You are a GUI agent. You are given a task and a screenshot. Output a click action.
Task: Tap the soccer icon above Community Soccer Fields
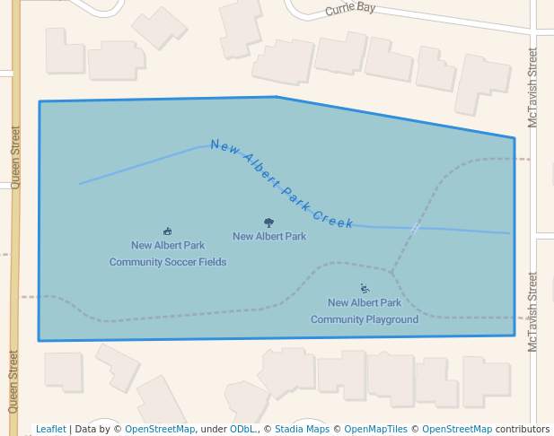[x=167, y=231]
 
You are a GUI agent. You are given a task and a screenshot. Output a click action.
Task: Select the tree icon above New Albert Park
[x=268, y=222]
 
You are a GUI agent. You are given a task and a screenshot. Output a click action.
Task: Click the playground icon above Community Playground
[x=365, y=289]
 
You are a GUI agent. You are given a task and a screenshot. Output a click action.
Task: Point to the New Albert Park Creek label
[x=282, y=184]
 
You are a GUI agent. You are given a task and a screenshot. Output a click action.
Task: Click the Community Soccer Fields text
[x=168, y=262]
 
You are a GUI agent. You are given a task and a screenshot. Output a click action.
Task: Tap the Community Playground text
[x=365, y=319]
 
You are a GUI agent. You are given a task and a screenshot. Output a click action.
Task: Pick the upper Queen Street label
[x=14, y=153]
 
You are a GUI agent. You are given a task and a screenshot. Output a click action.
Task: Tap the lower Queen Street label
[x=13, y=380]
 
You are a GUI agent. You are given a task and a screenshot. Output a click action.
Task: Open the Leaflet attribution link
[x=50, y=429]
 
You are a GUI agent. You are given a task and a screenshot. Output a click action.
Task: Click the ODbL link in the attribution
[x=242, y=429]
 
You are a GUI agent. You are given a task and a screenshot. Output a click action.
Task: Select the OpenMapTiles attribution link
[x=377, y=429]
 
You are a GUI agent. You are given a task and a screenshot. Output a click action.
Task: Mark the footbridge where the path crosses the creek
[x=414, y=229]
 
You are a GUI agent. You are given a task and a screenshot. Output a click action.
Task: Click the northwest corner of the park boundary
[x=40, y=101]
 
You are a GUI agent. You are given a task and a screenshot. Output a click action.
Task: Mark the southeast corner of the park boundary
[x=514, y=336]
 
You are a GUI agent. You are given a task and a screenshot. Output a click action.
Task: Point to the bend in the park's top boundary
[x=276, y=97]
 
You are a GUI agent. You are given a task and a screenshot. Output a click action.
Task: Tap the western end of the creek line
[x=80, y=184]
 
